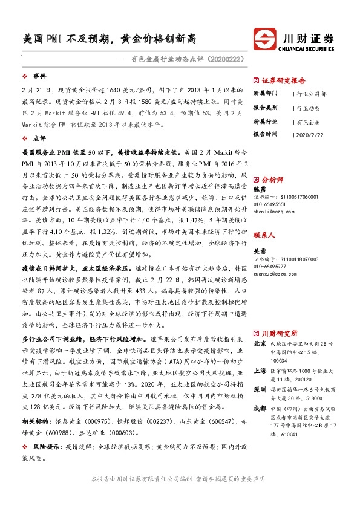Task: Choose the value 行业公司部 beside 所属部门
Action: pos(312,94)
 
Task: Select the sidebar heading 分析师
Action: pos(272,180)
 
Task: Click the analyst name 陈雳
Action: pos(259,189)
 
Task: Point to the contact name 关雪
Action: pos(259,234)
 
